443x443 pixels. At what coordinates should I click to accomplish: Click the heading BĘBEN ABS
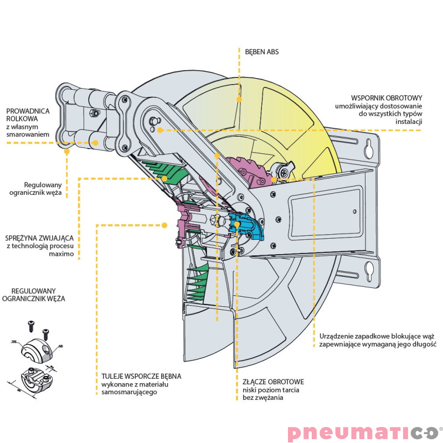point(262,51)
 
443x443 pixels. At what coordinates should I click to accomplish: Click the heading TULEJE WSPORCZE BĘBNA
point(141,376)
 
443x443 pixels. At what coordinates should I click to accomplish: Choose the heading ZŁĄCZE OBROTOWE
point(273,382)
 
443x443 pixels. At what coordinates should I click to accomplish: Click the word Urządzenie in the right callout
point(337,335)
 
